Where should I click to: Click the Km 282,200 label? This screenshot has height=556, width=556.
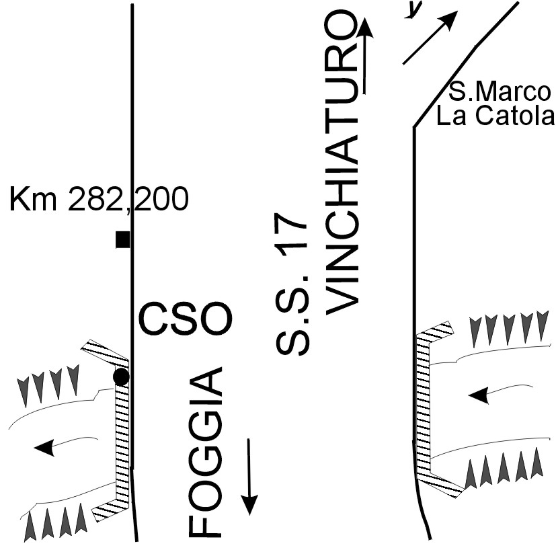tap(99, 200)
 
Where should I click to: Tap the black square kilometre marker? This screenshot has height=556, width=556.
tap(122, 239)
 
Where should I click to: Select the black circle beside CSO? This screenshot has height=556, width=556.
tap(121, 376)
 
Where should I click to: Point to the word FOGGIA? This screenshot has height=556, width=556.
tap(205, 452)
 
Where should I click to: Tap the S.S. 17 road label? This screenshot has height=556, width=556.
tap(292, 286)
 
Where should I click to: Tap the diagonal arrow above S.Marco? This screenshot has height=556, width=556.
tap(430, 38)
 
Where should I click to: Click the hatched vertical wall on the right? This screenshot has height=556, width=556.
tap(423, 403)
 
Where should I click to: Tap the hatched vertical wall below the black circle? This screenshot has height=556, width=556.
tap(121, 444)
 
